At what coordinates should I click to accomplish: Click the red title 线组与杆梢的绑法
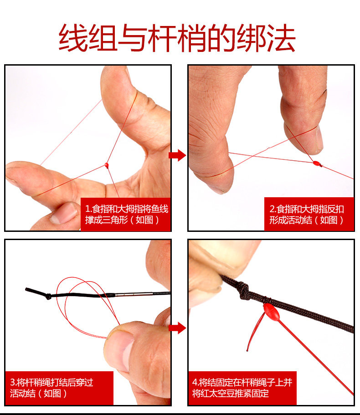coord(177,38)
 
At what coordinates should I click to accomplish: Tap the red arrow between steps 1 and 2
coord(177,155)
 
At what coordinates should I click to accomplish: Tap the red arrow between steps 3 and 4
coord(177,328)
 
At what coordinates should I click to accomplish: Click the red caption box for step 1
coord(125,214)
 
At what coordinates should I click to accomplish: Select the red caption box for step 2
coord(309,214)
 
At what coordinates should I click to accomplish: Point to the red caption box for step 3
coord(59,388)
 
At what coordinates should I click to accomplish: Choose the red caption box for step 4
coord(242,388)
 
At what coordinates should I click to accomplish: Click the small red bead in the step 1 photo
coord(107,166)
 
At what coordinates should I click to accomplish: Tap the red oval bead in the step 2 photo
coord(316,163)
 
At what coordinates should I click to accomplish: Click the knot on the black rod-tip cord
coord(48,296)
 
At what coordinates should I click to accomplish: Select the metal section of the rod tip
coord(134,294)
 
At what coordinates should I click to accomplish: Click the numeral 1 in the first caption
coord(87,209)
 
